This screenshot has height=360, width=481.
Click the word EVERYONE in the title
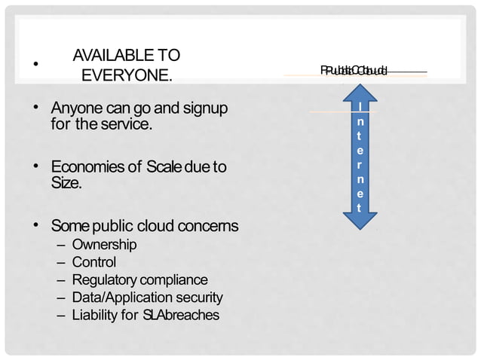coord(127,76)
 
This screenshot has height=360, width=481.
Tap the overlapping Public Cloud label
coord(354,72)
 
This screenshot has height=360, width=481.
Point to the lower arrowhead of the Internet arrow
coord(360,220)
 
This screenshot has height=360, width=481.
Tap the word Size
coord(66,182)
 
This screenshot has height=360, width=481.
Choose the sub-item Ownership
coord(104,245)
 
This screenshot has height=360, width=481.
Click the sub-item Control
coord(94,262)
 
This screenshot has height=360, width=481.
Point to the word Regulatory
coord(103,279)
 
